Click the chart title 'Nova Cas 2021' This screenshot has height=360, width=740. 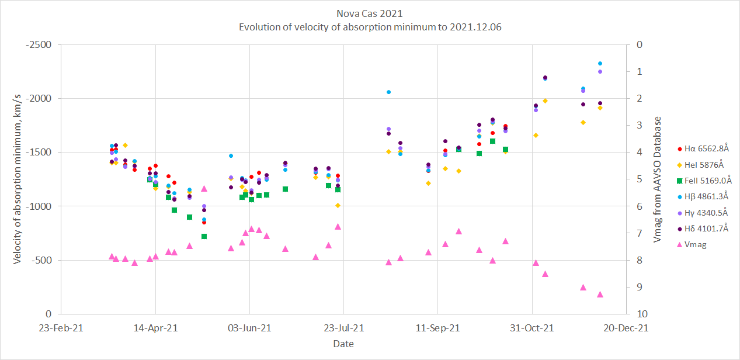[370, 13]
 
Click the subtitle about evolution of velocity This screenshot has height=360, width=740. [370, 27]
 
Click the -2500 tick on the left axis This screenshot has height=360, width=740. [40, 44]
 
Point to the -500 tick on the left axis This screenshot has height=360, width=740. [43, 260]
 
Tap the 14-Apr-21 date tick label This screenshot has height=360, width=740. [156, 328]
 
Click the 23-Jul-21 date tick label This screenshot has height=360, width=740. [344, 328]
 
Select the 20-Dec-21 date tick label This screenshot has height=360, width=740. [626, 328]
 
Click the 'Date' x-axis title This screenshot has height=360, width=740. [343, 344]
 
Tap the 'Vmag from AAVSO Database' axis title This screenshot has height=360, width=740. [658, 179]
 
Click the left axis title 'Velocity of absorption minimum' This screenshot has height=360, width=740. [17, 179]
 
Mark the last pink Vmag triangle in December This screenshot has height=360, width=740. [600, 295]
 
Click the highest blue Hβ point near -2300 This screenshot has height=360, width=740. [600, 63]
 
